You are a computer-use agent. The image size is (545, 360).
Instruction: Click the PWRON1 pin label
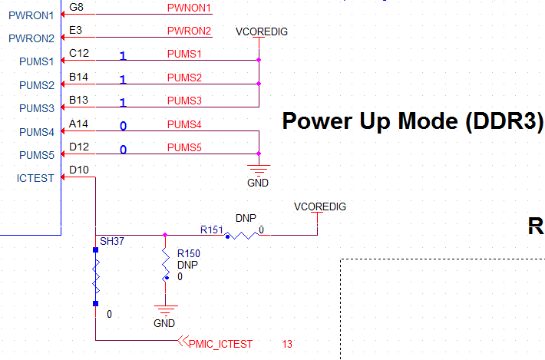pyautogui.click(x=31, y=15)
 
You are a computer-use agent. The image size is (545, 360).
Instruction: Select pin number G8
pyautogui.click(x=76, y=7)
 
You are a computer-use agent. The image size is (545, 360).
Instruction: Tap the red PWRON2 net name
pyautogui.click(x=188, y=31)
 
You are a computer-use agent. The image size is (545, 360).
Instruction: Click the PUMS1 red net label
pyautogui.click(x=183, y=54)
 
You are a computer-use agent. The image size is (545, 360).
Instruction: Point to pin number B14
pyautogui.click(x=78, y=77)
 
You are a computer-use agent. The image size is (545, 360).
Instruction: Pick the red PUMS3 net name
pyautogui.click(x=183, y=101)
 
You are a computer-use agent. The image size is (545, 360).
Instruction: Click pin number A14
pyautogui.click(x=78, y=123)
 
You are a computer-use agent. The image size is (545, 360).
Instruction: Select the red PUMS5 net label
pyautogui.click(x=183, y=147)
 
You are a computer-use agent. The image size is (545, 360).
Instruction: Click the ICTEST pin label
pyautogui.click(x=35, y=178)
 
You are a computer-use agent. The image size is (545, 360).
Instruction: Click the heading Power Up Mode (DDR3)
pyautogui.click(x=413, y=121)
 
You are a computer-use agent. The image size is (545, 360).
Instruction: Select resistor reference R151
pyautogui.click(x=211, y=229)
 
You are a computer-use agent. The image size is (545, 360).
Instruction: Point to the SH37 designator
pyautogui.click(x=112, y=241)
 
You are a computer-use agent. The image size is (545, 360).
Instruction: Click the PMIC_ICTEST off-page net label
pyautogui.click(x=220, y=343)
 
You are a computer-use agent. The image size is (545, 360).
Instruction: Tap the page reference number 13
pyautogui.click(x=287, y=344)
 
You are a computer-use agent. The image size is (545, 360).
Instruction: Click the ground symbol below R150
pyautogui.click(x=164, y=313)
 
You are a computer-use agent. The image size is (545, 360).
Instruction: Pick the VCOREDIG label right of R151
pyautogui.click(x=320, y=206)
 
